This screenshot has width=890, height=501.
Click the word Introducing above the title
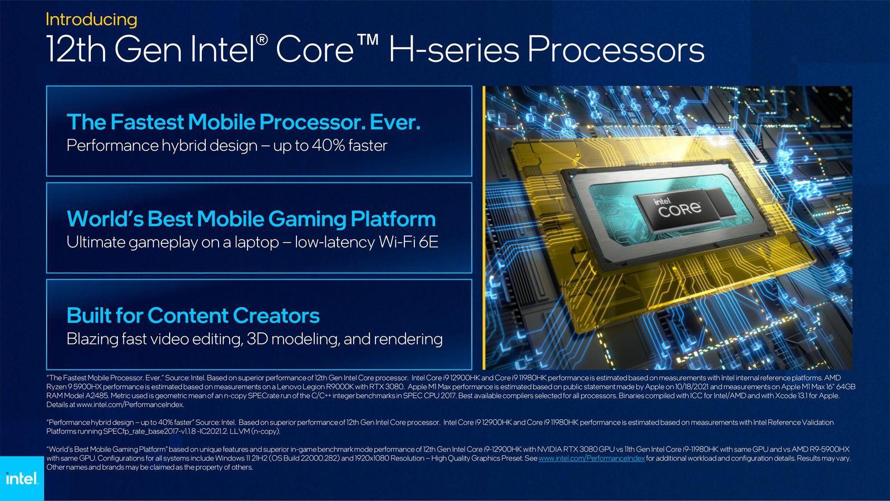(x=91, y=19)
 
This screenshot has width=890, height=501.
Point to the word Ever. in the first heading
(x=395, y=122)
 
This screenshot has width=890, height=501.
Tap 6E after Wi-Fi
(x=428, y=242)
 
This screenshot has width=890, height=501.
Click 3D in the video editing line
(x=256, y=339)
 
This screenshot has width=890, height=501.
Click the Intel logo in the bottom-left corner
(x=22, y=478)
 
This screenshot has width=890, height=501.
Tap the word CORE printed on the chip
(x=680, y=209)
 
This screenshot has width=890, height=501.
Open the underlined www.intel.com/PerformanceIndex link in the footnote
(x=592, y=459)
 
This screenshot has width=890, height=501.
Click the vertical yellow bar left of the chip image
(x=484, y=228)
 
